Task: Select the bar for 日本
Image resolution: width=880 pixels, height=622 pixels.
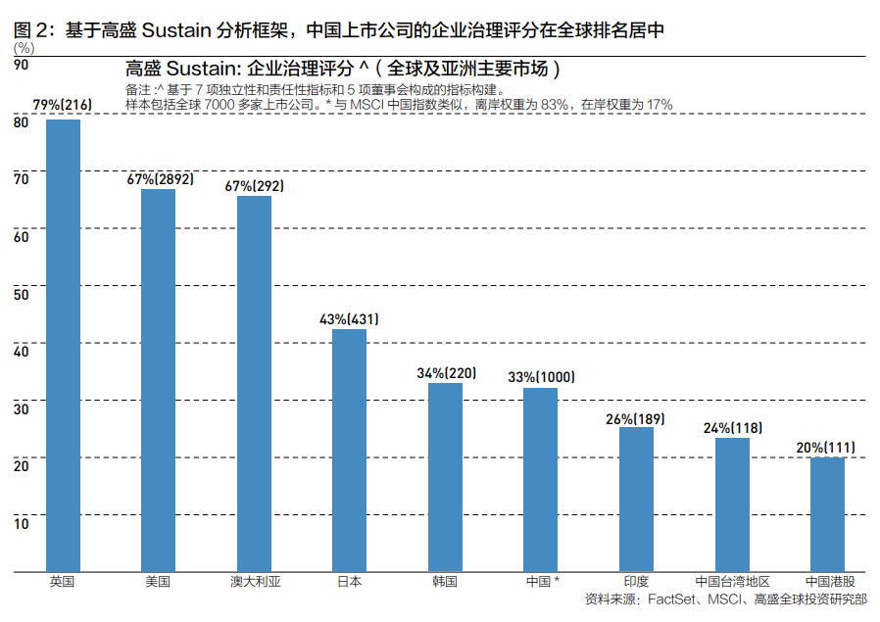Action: click(x=349, y=450)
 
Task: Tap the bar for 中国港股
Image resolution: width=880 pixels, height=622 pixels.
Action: click(x=827, y=513)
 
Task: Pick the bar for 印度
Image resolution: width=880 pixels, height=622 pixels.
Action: click(x=636, y=499)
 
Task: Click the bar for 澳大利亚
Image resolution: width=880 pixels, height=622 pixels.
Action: click(x=254, y=383)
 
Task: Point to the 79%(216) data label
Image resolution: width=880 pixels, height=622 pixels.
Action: click(x=63, y=105)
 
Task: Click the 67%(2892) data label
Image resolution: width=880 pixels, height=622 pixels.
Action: click(x=160, y=179)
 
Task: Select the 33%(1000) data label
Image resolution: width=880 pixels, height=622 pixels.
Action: click(x=541, y=377)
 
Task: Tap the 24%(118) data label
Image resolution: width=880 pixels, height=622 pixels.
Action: click(x=732, y=428)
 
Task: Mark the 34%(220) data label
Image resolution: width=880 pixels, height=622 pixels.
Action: click(x=446, y=373)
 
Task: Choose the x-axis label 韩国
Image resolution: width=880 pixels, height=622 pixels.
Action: click(x=445, y=581)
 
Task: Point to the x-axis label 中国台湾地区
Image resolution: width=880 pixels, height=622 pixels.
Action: click(x=732, y=581)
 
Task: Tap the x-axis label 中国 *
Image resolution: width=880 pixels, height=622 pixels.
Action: click(x=542, y=581)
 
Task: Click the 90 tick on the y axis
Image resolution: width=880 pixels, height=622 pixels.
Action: click(x=21, y=65)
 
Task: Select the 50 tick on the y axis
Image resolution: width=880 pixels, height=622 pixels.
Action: click(x=21, y=293)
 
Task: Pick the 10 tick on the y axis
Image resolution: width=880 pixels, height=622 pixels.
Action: click(x=21, y=522)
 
